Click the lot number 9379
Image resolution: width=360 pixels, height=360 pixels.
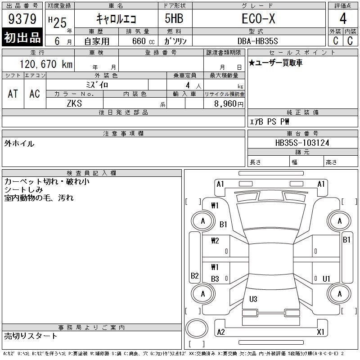(22, 18)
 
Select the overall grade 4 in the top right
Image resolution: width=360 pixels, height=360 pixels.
(343, 18)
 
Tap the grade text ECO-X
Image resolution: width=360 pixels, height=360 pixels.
(258, 18)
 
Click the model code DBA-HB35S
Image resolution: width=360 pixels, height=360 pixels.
(257, 41)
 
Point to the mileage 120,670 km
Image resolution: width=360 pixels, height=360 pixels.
(46, 64)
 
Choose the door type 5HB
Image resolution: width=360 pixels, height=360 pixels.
(174, 18)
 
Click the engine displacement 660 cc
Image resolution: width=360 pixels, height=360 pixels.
(143, 41)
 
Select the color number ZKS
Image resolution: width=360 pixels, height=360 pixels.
(74, 103)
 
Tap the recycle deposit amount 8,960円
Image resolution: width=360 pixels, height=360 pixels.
(229, 103)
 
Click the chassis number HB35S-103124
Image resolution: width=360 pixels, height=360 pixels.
(302, 143)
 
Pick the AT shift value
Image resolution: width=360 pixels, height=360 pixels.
(13, 94)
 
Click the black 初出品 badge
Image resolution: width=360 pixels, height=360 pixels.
(22, 37)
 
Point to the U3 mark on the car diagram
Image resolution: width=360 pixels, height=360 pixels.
(253, 299)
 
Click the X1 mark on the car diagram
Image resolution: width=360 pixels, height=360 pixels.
(320, 332)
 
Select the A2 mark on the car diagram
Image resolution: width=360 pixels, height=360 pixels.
(221, 332)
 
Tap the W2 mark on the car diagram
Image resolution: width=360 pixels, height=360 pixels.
(215, 240)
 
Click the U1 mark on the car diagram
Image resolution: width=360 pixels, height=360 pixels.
(326, 279)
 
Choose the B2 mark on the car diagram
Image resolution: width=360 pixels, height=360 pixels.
(195, 275)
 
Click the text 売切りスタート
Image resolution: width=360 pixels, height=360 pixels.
(31, 336)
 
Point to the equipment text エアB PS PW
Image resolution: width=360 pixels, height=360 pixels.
(269, 121)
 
